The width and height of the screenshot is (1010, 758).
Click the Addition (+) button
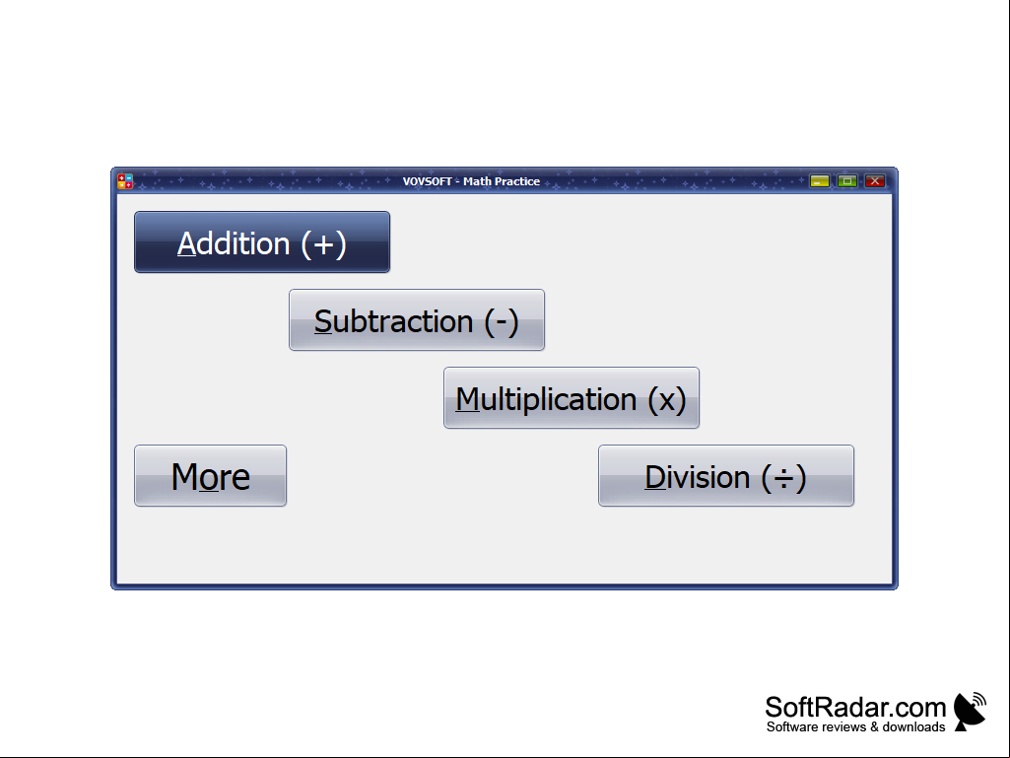coord(262,241)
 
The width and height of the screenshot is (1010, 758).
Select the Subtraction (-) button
coord(417,319)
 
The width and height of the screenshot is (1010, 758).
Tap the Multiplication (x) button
coord(572,397)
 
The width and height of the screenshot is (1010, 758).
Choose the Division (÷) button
coord(726,476)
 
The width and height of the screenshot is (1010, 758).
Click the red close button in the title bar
coord(875,181)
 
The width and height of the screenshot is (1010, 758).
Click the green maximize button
coord(847,181)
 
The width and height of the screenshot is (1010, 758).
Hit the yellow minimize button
coord(820,181)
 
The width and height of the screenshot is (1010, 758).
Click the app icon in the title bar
coord(125,181)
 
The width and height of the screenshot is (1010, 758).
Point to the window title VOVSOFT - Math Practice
coord(472,181)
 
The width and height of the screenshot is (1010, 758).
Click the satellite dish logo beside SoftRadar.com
coord(970,712)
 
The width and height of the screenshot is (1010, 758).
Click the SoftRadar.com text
coord(855,708)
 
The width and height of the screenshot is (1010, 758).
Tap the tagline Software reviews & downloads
coord(856,727)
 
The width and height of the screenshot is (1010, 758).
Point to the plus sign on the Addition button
coord(324,244)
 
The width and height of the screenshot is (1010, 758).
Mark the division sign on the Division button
coord(784,478)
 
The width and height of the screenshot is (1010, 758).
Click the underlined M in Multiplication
coord(468,399)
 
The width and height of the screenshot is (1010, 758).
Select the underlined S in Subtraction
coord(323,321)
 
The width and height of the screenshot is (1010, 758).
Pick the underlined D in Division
coord(655,477)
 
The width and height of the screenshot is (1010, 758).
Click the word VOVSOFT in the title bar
coord(427,181)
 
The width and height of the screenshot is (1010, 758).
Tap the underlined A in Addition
coord(187,243)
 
